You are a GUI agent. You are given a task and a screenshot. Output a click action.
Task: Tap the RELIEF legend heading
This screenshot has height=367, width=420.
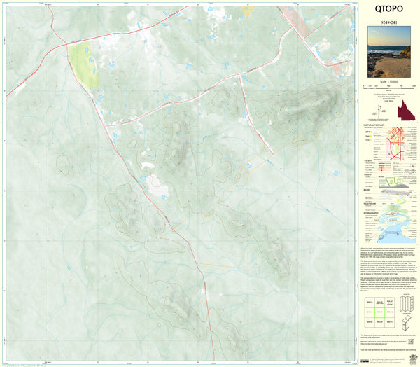tap(368, 188)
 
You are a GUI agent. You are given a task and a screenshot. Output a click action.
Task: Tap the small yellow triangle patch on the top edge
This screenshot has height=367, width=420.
tap(246, 11)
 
